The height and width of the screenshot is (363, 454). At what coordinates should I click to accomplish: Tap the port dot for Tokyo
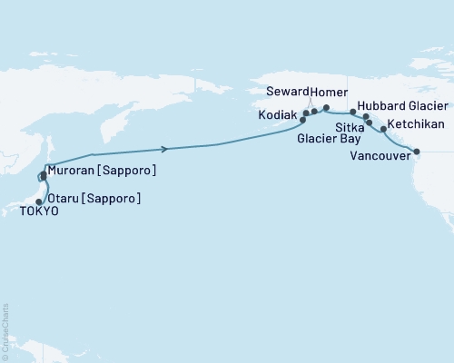pyautogui.click(x=39, y=201)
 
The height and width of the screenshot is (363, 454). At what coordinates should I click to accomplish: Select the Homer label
pyautogui.click(x=327, y=93)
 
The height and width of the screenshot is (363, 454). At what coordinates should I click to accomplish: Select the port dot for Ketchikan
pyautogui.click(x=383, y=129)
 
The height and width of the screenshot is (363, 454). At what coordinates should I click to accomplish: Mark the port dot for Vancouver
pyautogui.click(x=417, y=152)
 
